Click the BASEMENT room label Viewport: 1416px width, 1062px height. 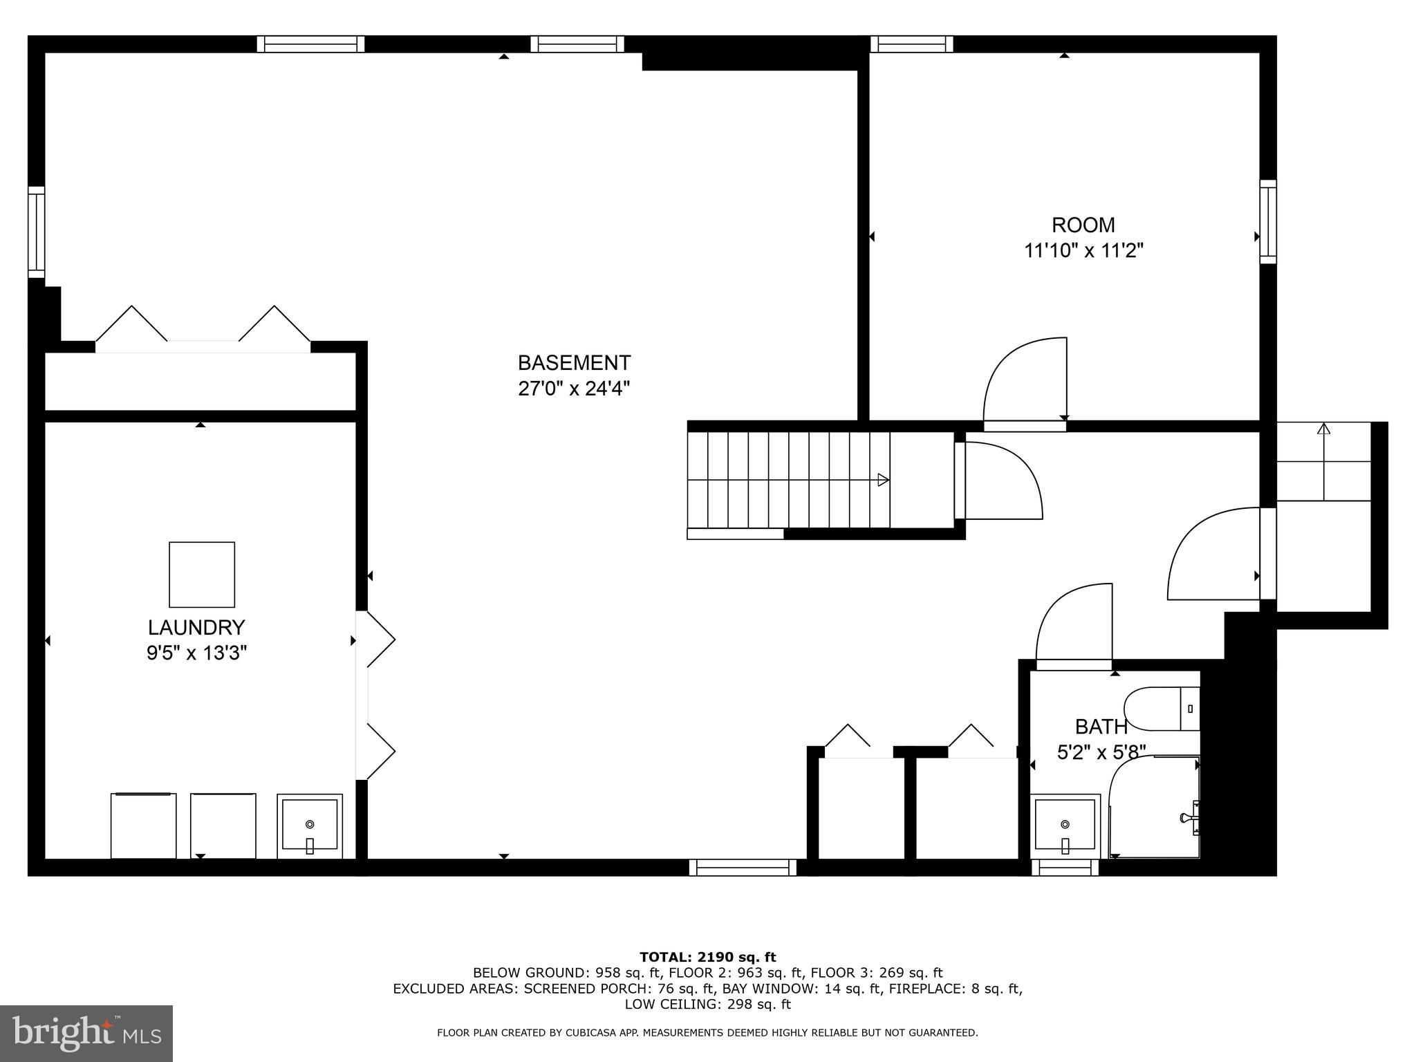tap(574, 363)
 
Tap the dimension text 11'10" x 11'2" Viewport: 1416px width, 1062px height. tap(1083, 250)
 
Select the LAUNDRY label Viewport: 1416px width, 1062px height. tap(196, 628)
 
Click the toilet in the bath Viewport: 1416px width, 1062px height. tap(1162, 709)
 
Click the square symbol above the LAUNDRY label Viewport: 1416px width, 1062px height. tap(202, 575)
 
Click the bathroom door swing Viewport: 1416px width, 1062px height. tap(1074, 622)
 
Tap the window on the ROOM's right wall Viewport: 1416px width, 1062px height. tap(1267, 221)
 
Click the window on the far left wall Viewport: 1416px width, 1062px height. tap(36, 232)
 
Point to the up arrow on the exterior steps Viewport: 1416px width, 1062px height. tap(1323, 429)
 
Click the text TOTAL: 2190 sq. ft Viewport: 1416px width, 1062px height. tap(707, 957)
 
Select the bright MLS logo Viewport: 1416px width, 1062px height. tap(86, 1033)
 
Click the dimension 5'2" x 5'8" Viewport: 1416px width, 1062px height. tap(1101, 752)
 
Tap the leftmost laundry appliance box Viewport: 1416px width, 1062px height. tap(143, 826)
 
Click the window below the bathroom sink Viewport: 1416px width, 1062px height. tap(1065, 868)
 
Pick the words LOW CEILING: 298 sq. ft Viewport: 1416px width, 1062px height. tap(707, 1004)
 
